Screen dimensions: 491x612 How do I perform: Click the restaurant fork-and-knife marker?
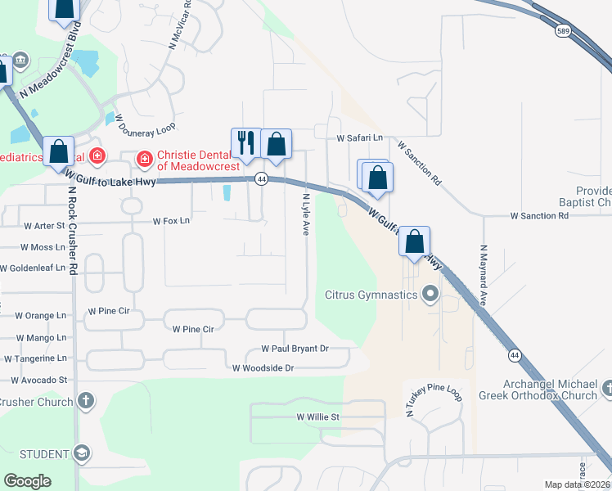[245, 142]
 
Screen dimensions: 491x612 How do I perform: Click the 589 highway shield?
[562, 30]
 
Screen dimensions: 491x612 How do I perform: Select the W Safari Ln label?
[361, 138]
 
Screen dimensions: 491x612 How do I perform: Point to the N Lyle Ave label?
[306, 214]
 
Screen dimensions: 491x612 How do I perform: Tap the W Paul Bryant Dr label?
[295, 349]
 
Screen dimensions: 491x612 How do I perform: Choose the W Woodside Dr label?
[263, 368]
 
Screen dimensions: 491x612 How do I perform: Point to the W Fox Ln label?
[171, 221]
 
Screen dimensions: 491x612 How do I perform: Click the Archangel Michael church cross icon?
[606, 389]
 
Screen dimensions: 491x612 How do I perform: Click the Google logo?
[27, 481]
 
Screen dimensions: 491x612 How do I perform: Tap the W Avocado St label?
[39, 380]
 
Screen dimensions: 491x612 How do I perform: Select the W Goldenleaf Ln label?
[34, 268]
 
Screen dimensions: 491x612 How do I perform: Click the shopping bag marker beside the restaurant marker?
[277, 143]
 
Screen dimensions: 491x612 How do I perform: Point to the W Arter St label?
[44, 225]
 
